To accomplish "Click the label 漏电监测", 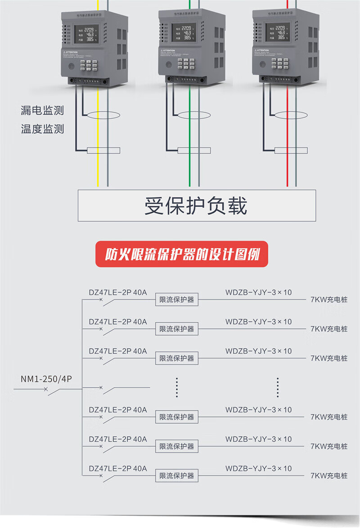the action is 42,110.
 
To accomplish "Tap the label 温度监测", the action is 42,130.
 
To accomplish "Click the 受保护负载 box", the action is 197,206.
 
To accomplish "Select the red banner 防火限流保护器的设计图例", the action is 182,255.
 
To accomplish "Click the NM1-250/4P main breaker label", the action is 46,379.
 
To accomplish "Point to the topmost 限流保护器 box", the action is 177,300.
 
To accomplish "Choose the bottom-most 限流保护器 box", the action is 177,476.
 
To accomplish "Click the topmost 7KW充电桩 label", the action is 329,300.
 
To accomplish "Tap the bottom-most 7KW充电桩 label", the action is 329,476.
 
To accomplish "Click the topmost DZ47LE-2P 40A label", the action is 118,292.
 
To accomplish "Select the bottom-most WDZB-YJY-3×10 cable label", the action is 258,468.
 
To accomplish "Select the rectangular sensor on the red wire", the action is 291,150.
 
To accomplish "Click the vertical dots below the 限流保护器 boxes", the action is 177,387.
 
